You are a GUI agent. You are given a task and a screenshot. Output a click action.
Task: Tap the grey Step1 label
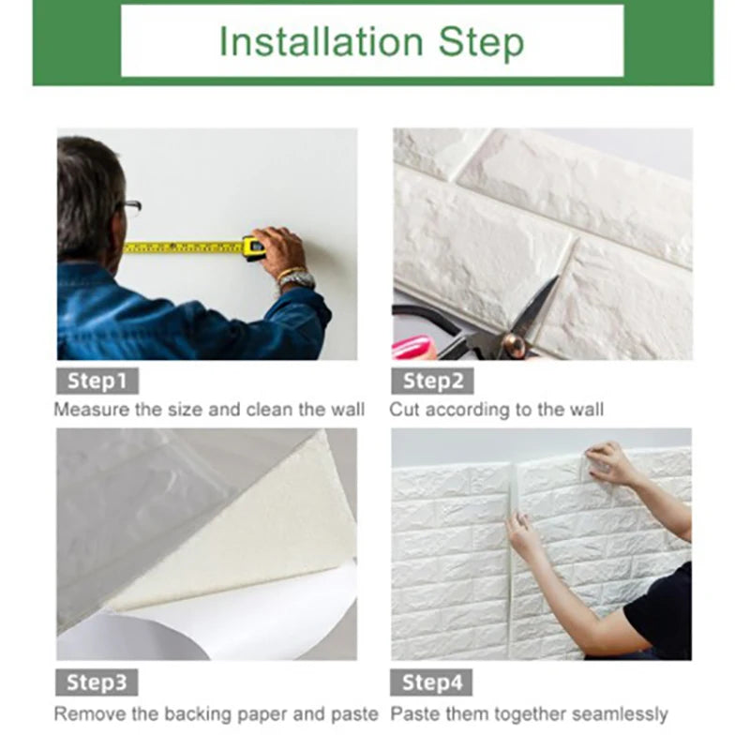97,381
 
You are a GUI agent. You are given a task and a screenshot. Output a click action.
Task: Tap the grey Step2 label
433,381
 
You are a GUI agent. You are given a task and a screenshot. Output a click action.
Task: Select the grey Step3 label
97,682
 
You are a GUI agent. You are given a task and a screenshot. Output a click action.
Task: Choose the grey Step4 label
433,682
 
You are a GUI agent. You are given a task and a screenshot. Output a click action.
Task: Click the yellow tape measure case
253,247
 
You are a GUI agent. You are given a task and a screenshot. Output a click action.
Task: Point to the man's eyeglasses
131,206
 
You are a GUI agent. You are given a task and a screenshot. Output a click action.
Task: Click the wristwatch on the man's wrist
296,278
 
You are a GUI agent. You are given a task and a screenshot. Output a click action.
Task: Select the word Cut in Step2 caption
404,410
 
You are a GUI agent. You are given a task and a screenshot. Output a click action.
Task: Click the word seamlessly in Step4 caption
619,714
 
